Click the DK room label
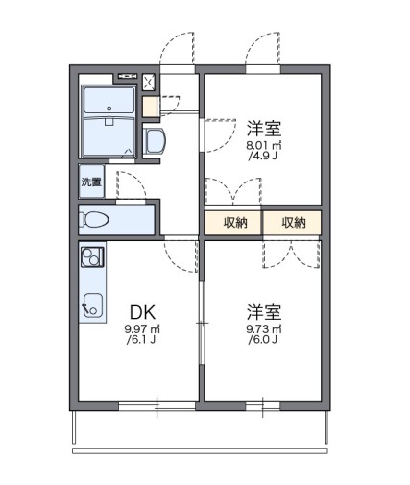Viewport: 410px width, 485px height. pyautogui.click(x=141, y=312)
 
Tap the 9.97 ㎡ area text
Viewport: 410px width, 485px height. pyautogui.click(x=141, y=331)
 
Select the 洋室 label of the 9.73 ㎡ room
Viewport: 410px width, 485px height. pyautogui.click(x=262, y=312)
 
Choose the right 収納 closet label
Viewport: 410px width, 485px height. pyautogui.click(x=294, y=223)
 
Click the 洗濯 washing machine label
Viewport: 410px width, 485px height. pyautogui.click(x=91, y=182)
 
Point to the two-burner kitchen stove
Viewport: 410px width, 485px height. pyautogui.click(x=91, y=258)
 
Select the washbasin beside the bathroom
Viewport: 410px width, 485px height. pyautogui.click(x=156, y=140)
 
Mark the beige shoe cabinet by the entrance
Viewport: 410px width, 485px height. pyautogui.click(x=148, y=107)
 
